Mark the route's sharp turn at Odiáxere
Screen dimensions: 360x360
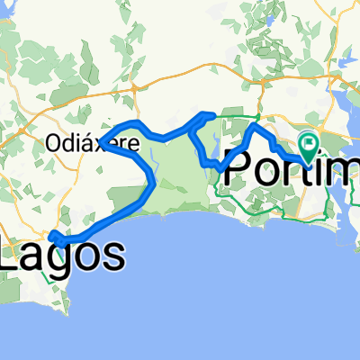point(101,141)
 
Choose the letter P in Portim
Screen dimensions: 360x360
point(237,171)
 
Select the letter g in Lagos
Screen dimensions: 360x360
point(64,261)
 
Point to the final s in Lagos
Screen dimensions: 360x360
point(112,257)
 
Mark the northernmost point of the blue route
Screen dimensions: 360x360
point(209,114)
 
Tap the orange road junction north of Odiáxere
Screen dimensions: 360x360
point(133,87)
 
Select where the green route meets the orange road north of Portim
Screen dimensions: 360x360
point(259,115)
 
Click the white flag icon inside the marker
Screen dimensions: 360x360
point(310,140)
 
